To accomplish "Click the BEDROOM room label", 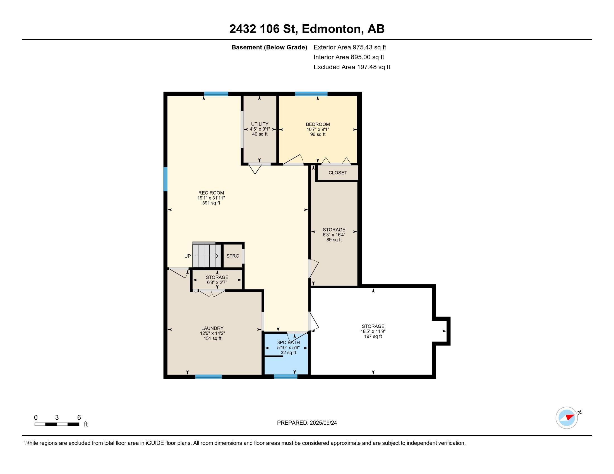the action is (x=318, y=124).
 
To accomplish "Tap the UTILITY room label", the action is (x=260, y=124).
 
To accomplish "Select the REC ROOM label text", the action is (x=211, y=193).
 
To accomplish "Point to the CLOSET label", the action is (x=338, y=173).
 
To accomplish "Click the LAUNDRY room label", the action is (x=212, y=328).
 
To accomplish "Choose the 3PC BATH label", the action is (x=289, y=343).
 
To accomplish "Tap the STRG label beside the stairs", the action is (x=233, y=256).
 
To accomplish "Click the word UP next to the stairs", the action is (x=188, y=256).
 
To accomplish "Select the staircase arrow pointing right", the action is (x=207, y=256).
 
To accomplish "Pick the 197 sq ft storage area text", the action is (x=373, y=337).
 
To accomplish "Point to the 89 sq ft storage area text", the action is (x=334, y=240).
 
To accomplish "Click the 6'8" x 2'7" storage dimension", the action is (x=217, y=282).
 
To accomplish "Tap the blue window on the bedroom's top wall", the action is (x=311, y=94).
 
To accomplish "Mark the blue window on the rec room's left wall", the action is (x=166, y=179).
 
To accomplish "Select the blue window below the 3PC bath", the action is (x=285, y=377).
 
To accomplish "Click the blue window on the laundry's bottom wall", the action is (x=208, y=377).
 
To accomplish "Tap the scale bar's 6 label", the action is (x=79, y=418).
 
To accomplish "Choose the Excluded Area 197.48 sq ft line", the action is (x=352, y=67).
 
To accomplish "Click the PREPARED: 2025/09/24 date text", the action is (x=307, y=423).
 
